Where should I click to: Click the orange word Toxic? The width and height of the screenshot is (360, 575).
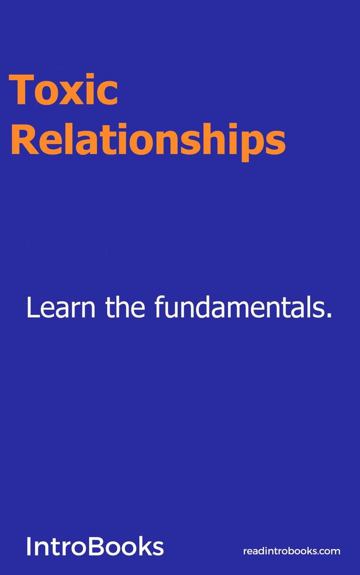[63, 89]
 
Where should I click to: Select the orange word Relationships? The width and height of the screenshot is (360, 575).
[148, 142]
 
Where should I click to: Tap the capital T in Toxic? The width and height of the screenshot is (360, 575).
[22, 89]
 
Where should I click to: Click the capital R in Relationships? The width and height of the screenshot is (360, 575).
[24, 139]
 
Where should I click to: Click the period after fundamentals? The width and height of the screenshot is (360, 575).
[330, 316]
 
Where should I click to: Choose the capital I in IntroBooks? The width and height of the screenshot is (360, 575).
[28, 546]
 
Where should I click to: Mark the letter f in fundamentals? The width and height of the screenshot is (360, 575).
[160, 307]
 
